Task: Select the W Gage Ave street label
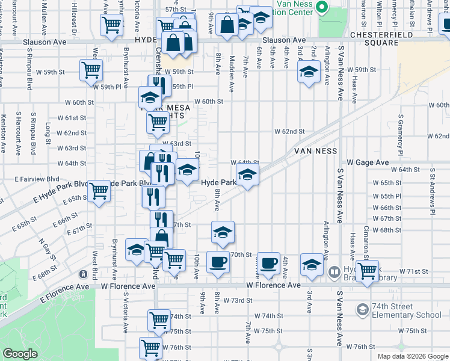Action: click(368, 162)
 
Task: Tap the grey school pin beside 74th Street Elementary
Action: click(363, 310)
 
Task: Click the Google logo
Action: click(20, 354)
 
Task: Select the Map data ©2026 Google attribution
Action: click(413, 356)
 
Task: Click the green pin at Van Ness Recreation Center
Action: click(322, 7)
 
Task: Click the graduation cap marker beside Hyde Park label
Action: click(247, 176)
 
